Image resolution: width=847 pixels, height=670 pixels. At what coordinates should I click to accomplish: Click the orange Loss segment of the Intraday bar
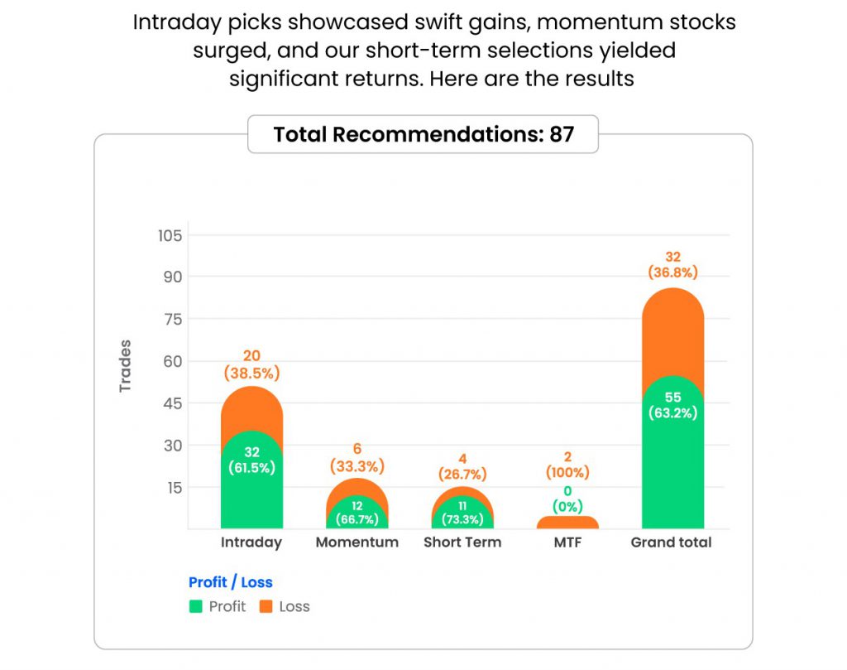coord(251,407)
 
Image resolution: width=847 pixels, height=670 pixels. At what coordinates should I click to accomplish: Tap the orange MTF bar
coord(567,523)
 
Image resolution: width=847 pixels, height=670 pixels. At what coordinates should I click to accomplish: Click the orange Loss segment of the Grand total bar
coord(672,331)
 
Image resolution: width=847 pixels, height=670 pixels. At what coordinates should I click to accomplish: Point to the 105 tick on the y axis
coord(170,235)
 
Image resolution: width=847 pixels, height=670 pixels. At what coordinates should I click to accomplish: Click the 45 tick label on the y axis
coord(171,403)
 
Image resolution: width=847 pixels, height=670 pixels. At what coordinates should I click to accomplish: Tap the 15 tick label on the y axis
coord(171,487)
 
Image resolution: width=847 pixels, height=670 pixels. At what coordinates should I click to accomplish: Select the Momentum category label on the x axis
coord(357,542)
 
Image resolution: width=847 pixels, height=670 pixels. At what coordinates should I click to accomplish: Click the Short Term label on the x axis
coord(462,542)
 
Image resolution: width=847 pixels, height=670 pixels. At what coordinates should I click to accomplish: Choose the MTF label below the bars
coord(567,542)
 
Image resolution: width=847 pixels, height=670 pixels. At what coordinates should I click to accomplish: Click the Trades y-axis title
coord(126,365)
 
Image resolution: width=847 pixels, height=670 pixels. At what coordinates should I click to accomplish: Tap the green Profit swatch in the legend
coord(195,606)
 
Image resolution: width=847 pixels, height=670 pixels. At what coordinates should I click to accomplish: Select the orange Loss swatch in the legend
coord(266,606)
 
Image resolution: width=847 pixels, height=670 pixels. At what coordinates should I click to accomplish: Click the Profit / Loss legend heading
coord(231,582)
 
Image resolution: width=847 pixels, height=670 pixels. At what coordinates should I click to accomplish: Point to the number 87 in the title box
coord(562,134)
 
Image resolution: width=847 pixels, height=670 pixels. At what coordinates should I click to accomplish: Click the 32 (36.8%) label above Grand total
coord(672,264)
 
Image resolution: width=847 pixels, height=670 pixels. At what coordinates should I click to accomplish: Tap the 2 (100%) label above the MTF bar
coord(567,465)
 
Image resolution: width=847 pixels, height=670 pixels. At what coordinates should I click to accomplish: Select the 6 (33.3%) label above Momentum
coord(357,457)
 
